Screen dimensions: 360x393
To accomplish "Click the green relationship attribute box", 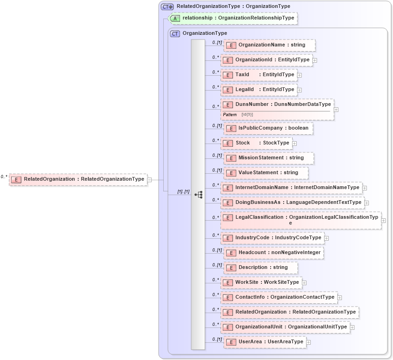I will [x=233, y=18].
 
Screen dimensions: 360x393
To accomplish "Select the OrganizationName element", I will [x=269, y=45].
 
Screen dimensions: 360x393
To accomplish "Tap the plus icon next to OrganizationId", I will [x=315, y=60].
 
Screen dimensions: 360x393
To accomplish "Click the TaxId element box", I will [x=259, y=75].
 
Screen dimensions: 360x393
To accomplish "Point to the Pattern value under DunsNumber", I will [x=247, y=114].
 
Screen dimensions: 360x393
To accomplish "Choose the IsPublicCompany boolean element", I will [x=268, y=128].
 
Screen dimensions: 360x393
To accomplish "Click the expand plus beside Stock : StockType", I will [x=294, y=143].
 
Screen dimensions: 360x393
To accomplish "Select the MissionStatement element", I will [x=268, y=158].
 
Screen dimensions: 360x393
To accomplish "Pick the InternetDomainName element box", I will [x=292, y=188].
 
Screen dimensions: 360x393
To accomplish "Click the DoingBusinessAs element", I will [x=292, y=203].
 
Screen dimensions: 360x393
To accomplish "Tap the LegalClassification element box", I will [x=300, y=220].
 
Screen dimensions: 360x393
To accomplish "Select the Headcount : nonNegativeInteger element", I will [x=273, y=253].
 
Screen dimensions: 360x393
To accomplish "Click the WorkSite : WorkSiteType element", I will [x=261, y=282].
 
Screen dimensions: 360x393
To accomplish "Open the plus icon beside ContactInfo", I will [x=340, y=297].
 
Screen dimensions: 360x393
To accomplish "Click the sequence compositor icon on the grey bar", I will [x=199, y=195].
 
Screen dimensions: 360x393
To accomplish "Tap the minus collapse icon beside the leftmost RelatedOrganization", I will [x=149, y=179].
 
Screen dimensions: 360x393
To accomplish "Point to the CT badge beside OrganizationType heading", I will [x=175, y=33].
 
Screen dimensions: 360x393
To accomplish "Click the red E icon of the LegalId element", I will [x=227, y=90].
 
